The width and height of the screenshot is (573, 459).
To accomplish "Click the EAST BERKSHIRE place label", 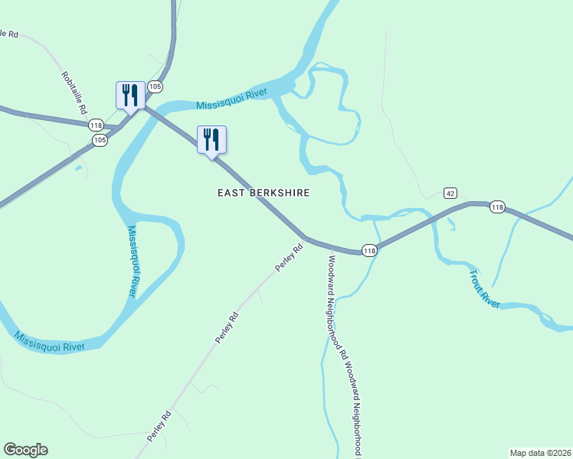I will tap(264, 194).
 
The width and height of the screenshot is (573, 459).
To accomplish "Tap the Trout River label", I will tap(485, 288).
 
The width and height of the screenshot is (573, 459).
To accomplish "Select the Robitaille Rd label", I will tap(74, 93).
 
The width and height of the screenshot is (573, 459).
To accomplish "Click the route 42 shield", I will tap(450, 193).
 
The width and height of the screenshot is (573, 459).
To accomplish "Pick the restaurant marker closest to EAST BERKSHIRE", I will tap(211, 140).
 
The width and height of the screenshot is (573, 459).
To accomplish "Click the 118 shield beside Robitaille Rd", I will tap(96, 125).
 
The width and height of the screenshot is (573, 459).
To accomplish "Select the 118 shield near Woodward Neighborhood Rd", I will tap(369, 251).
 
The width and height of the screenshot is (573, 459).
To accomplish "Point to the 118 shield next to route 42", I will tap(497, 207).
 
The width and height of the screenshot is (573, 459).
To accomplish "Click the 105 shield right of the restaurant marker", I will tap(156, 86).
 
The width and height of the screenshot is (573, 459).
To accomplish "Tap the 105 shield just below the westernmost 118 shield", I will tap(99, 140).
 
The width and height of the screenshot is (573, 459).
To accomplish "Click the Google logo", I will tap(25, 450).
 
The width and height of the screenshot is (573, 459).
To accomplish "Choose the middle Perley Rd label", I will tap(227, 327).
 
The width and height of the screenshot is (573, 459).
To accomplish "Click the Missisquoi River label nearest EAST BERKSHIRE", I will tap(231, 99).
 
